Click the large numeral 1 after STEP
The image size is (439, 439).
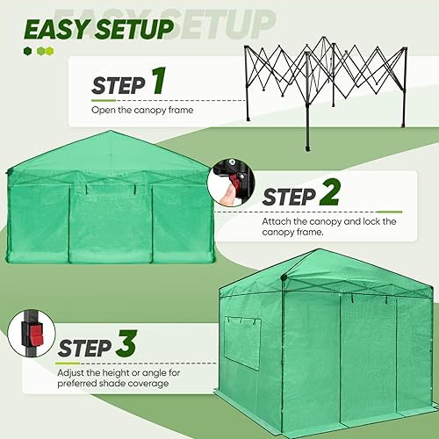[158, 81]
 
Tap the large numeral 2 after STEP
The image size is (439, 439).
[328, 192]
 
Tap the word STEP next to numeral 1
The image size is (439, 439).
[119, 85]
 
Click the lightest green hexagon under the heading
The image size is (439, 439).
[51, 51]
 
